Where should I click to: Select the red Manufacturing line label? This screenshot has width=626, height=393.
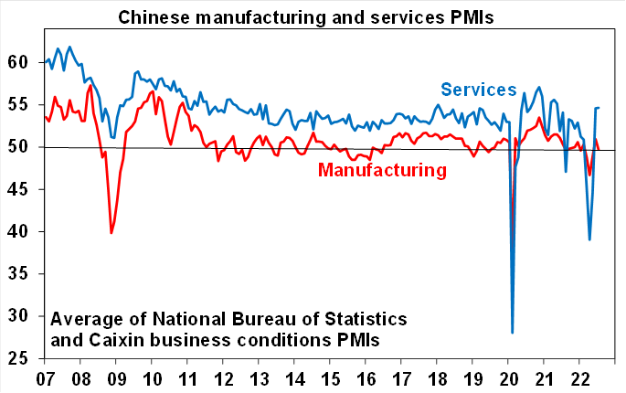pyautogui.click(x=382, y=170)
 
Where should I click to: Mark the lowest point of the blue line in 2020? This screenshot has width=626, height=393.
pyautogui.click(x=512, y=333)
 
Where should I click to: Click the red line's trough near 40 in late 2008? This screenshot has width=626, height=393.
pyautogui.click(x=111, y=233)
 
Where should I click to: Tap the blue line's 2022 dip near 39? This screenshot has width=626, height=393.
pyautogui.click(x=589, y=239)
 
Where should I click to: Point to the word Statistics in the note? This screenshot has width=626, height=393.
pyautogui.click(x=360, y=320)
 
